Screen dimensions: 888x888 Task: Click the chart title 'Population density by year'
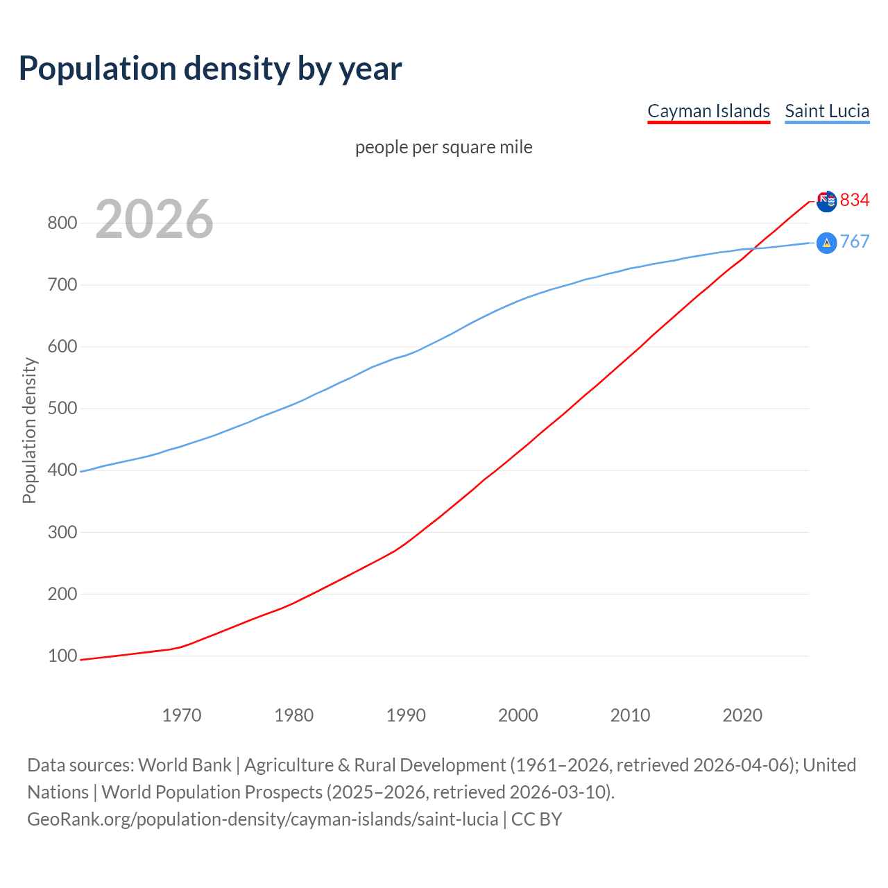210,69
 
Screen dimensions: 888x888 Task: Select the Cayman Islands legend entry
708,111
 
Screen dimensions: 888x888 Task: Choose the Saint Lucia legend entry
827,111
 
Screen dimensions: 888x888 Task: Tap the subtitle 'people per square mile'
444,148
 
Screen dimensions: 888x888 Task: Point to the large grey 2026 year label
154,219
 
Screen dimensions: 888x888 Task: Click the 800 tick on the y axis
62,223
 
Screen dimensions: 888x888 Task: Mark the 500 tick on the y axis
62,409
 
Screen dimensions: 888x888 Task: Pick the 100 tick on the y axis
62,656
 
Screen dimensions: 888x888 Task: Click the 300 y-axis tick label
62,533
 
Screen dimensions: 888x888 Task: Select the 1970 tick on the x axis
182,715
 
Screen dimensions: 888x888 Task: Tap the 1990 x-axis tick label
406,715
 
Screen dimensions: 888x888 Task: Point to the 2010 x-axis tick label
630,715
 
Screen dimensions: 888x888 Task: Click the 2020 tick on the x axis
742,715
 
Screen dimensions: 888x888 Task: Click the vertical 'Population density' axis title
29,430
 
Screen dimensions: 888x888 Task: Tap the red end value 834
855,200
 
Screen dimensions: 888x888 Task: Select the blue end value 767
855,242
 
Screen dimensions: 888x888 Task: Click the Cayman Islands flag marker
826,201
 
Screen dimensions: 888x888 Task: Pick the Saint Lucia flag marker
826,243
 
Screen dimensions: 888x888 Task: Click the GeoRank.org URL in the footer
262,819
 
